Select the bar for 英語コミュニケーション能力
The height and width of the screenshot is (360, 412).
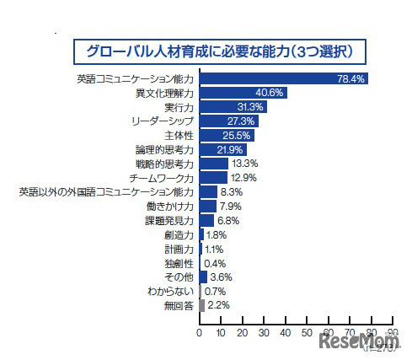coord(282,78)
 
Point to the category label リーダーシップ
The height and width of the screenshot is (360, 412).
coord(167,121)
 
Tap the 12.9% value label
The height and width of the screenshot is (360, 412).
coord(244,178)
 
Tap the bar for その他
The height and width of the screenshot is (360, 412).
coord(203,277)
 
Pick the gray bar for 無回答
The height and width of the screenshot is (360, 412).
coord(201,305)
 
